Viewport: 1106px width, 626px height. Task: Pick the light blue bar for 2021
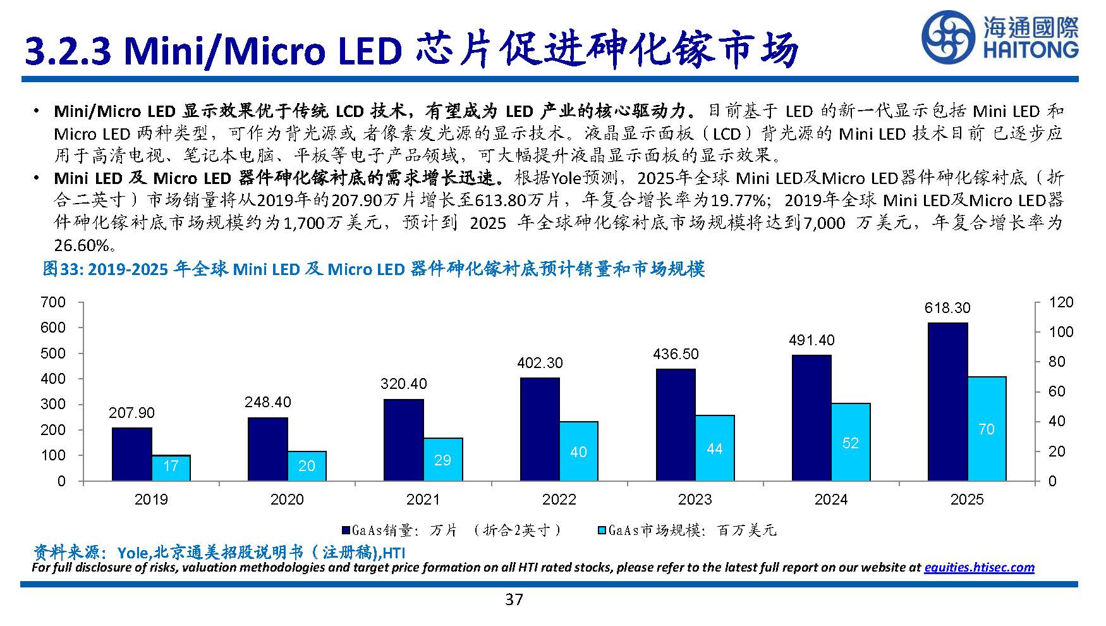[442, 459]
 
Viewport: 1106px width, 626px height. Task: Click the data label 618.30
[947, 308]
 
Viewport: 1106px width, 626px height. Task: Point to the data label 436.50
[676, 354]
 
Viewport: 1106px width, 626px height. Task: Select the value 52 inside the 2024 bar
[851, 443]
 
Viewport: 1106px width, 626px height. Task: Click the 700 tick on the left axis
[53, 302]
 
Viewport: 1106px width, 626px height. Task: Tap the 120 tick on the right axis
[1060, 302]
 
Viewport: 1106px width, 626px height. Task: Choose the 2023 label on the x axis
[695, 500]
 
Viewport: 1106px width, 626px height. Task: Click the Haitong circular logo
[949, 37]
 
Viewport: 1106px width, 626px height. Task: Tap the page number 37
[514, 599]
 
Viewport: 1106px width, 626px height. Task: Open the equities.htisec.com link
[979, 567]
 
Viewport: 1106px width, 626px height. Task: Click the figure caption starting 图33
[373, 269]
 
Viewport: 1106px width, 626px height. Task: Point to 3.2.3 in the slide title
[68, 51]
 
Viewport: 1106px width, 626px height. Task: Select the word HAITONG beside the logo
[1030, 50]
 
